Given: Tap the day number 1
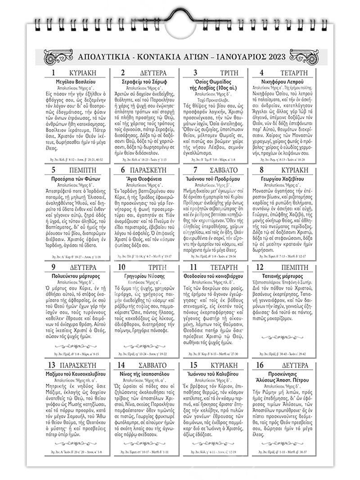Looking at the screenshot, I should (54, 73).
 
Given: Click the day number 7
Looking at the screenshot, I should (195, 170).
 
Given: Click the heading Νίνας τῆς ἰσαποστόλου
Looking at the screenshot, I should (145, 374).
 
